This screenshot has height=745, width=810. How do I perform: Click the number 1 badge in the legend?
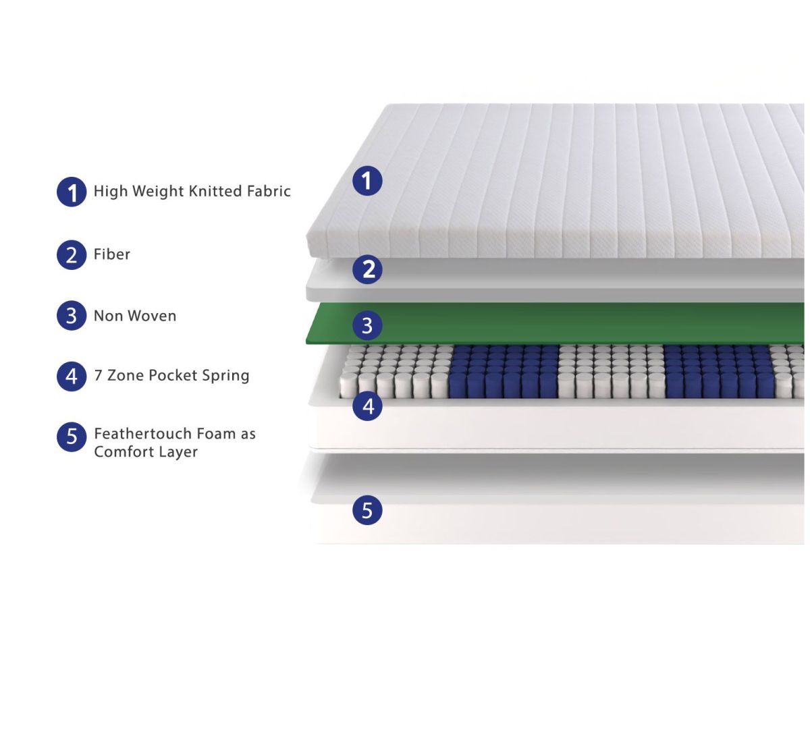click(72, 192)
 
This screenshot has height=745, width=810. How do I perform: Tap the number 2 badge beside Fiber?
click(72, 255)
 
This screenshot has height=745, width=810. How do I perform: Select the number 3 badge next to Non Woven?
click(72, 316)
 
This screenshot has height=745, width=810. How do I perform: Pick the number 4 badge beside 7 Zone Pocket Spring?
click(72, 376)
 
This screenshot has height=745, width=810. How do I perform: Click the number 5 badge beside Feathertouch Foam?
click(72, 437)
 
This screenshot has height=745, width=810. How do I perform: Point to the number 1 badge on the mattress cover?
click(367, 181)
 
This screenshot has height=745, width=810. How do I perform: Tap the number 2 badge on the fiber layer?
click(368, 269)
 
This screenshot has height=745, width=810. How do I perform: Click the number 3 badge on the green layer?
click(367, 325)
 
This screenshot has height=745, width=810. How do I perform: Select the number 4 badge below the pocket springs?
click(368, 406)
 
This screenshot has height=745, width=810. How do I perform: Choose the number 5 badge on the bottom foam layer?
click(367, 509)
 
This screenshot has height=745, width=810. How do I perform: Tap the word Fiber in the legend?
click(112, 254)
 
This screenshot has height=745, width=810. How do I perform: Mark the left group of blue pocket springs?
click(504, 371)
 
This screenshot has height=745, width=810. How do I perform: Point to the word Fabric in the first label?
click(269, 191)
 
